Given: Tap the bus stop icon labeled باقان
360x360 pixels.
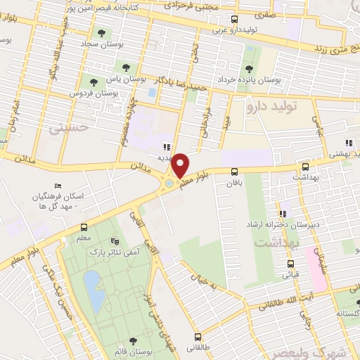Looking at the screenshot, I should [234, 171].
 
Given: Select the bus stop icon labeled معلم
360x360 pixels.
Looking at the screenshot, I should [84, 227].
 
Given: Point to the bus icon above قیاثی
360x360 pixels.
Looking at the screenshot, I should [290, 264].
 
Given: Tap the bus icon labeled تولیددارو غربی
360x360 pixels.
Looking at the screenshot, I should [235, 20].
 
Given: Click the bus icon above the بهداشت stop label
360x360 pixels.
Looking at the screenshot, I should [305, 167].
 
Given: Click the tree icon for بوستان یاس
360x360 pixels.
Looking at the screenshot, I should [126, 68].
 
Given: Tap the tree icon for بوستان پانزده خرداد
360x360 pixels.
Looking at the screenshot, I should [248, 69].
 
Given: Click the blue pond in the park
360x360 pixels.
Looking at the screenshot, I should [91, 285].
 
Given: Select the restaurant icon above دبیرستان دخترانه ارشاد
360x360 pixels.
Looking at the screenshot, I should [283, 213].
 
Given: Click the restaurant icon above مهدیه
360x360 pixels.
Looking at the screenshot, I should [167, 147].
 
